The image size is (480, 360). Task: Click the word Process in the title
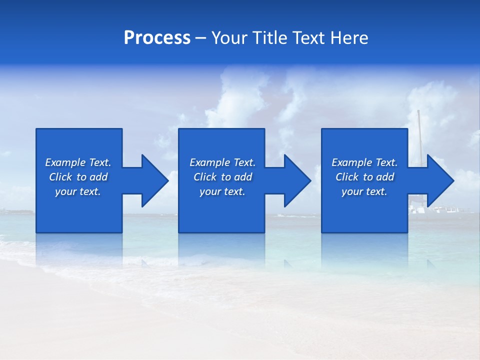coord(157,38)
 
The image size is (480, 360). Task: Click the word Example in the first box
coord(65,162)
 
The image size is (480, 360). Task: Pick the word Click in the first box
coord(61,177)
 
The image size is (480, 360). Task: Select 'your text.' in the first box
coord(78,191)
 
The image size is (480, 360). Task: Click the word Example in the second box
coord(210,162)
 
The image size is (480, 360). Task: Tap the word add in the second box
coord(243,177)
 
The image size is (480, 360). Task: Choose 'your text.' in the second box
coord(222,191)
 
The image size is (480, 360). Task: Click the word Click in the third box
coord(347,177)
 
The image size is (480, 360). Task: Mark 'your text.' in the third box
coord(364,191)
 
